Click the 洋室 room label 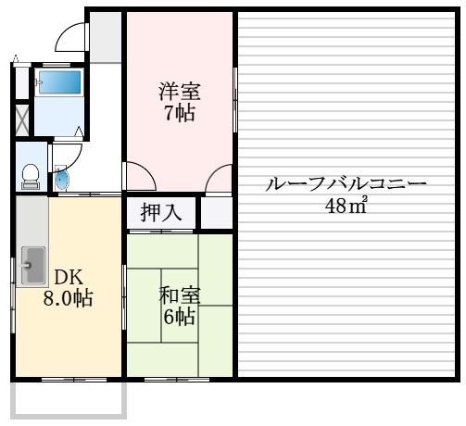click(x=180, y=93)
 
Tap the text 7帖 click(x=180, y=114)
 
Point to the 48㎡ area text click(x=346, y=206)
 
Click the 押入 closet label click(x=160, y=213)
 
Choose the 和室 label click(x=180, y=296)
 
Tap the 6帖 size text click(x=180, y=318)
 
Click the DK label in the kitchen click(x=67, y=277)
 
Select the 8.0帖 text click(x=67, y=299)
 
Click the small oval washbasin click(x=62, y=179)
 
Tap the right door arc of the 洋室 click(x=220, y=177)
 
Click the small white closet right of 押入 click(x=216, y=213)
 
